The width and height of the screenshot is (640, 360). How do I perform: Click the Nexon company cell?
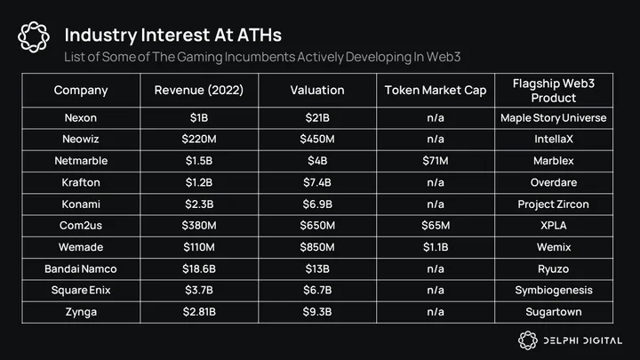coord(81,118)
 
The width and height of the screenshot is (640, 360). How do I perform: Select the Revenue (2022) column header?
coord(199,90)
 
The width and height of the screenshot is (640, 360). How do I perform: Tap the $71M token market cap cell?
coord(435,161)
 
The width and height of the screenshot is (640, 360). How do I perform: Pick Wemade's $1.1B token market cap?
coord(436,247)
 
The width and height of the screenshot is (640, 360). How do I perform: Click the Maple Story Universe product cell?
coord(554,118)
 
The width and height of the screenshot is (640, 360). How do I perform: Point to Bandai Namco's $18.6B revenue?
coord(199,269)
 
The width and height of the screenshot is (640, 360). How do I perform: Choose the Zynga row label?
coord(81,312)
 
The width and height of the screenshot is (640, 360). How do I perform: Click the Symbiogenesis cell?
coord(554,291)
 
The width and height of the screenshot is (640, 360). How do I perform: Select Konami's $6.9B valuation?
coord(317,204)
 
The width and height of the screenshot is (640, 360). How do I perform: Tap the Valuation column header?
coord(317,90)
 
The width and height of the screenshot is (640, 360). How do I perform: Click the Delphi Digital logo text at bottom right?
coord(582,340)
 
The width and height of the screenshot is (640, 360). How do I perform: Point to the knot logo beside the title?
coord(34,37)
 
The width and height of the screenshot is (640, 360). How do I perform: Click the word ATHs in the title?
coord(260,35)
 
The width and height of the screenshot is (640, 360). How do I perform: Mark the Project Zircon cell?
coord(554,204)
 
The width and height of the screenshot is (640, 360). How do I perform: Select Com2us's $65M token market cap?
coord(436,226)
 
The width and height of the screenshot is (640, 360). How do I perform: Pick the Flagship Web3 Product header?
coord(554,91)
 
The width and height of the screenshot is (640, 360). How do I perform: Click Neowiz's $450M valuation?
coord(317,140)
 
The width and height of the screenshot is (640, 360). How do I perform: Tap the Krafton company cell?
coord(81,182)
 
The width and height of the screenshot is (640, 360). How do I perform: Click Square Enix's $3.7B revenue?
coord(199,290)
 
